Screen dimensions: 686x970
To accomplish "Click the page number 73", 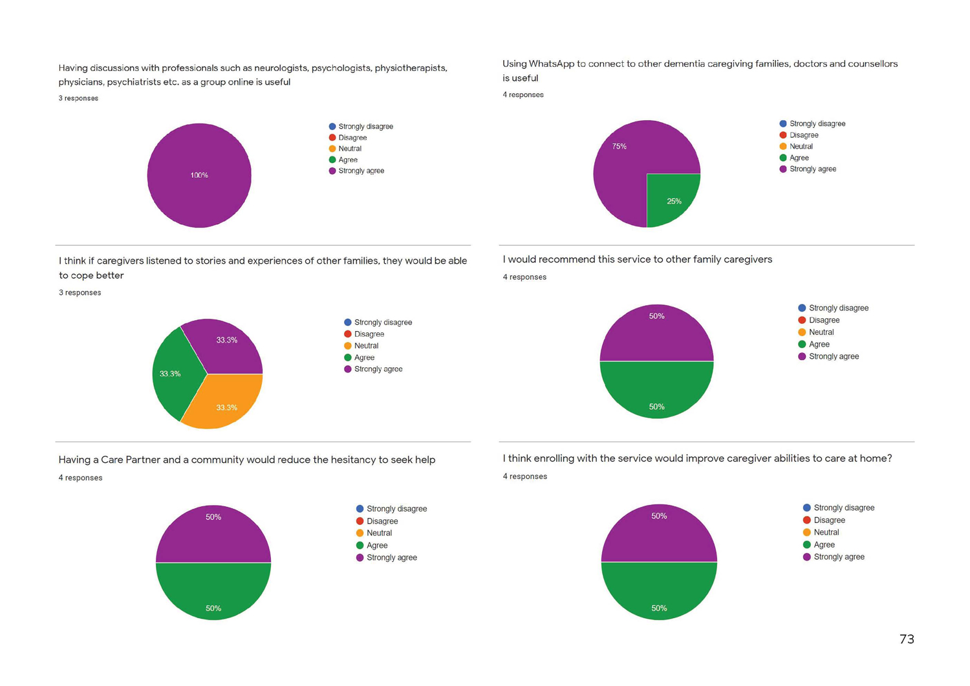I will (907, 639).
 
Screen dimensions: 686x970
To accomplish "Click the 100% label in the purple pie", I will (199, 175).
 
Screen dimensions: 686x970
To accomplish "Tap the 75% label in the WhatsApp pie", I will (620, 147).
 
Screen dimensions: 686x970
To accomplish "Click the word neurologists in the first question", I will (281, 68).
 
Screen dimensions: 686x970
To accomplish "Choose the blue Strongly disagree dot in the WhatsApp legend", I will (783, 123).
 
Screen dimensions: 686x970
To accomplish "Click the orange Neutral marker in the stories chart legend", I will (348, 346).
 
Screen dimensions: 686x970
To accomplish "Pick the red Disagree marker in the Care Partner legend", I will (360, 521).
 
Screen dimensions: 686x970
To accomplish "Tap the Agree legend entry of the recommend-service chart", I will (819, 345).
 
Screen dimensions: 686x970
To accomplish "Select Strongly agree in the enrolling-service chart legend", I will (839, 557).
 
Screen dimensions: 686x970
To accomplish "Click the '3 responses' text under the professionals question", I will (78, 98).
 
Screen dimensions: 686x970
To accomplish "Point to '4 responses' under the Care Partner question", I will (80, 478).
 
